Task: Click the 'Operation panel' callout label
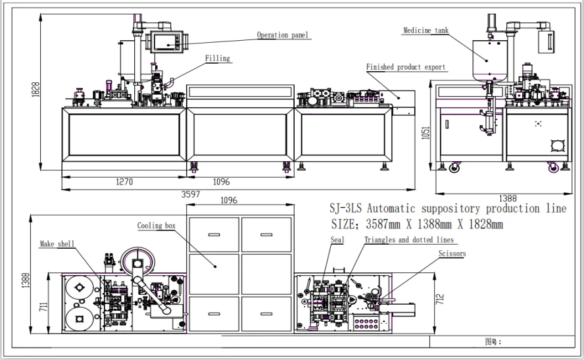283,35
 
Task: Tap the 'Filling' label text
218,58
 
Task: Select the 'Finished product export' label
406,67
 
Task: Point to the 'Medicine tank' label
426,30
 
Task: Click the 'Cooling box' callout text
156,226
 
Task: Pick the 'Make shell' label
57,244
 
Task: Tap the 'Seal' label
337,240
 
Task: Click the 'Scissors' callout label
452,254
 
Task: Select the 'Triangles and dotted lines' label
409,240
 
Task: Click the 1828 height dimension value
36,90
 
